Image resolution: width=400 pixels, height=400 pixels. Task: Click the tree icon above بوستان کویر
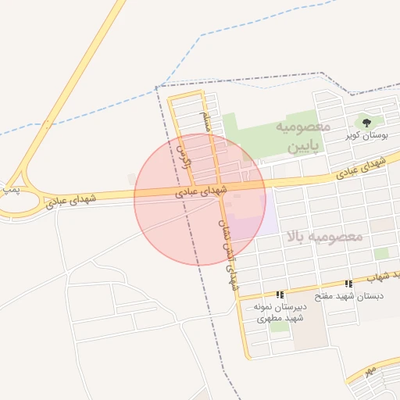366,122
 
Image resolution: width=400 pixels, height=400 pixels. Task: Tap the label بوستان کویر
367,136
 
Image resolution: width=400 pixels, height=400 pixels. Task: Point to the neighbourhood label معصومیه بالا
324,235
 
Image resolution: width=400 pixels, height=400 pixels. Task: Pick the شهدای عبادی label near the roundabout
72,199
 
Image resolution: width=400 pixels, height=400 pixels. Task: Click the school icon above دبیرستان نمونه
280,294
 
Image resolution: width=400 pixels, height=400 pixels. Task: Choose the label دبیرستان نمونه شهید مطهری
280,313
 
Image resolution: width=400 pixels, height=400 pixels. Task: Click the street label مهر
370,368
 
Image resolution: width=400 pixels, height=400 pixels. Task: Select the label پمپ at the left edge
9,188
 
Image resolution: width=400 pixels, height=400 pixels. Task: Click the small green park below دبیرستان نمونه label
279,326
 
